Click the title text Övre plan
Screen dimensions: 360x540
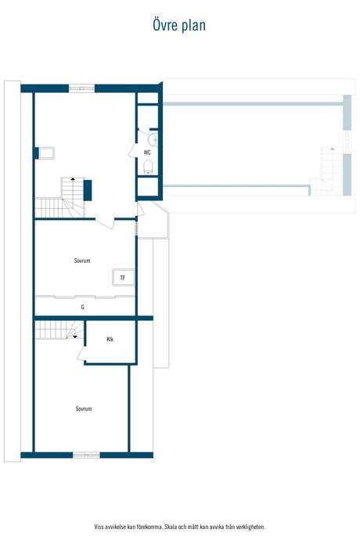tap(179, 25)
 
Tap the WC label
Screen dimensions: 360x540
tap(147, 153)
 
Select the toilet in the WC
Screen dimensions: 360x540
tap(148, 167)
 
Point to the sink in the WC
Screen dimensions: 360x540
tap(153, 139)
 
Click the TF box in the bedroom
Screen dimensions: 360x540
tap(123, 277)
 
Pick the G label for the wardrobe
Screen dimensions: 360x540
tap(82, 307)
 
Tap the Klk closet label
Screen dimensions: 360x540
tap(110, 339)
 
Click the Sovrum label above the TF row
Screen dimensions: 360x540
tap(82, 261)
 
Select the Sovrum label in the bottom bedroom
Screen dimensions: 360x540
tap(84, 409)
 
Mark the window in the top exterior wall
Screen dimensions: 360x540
tap(81, 88)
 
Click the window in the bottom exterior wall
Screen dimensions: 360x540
tap(86, 455)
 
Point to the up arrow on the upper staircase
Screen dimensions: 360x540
tap(73, 178)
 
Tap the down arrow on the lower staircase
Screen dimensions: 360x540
tap(75, 337)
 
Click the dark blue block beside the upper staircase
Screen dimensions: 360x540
tap(88, 190)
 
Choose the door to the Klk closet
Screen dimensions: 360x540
tap(81, 354)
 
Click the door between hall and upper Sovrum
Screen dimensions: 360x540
tap(105, 223)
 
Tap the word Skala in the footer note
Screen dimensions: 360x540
tap(170, 527)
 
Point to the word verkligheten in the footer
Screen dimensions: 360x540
tap(252, 527)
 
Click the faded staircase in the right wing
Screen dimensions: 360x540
tap(326, 171)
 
